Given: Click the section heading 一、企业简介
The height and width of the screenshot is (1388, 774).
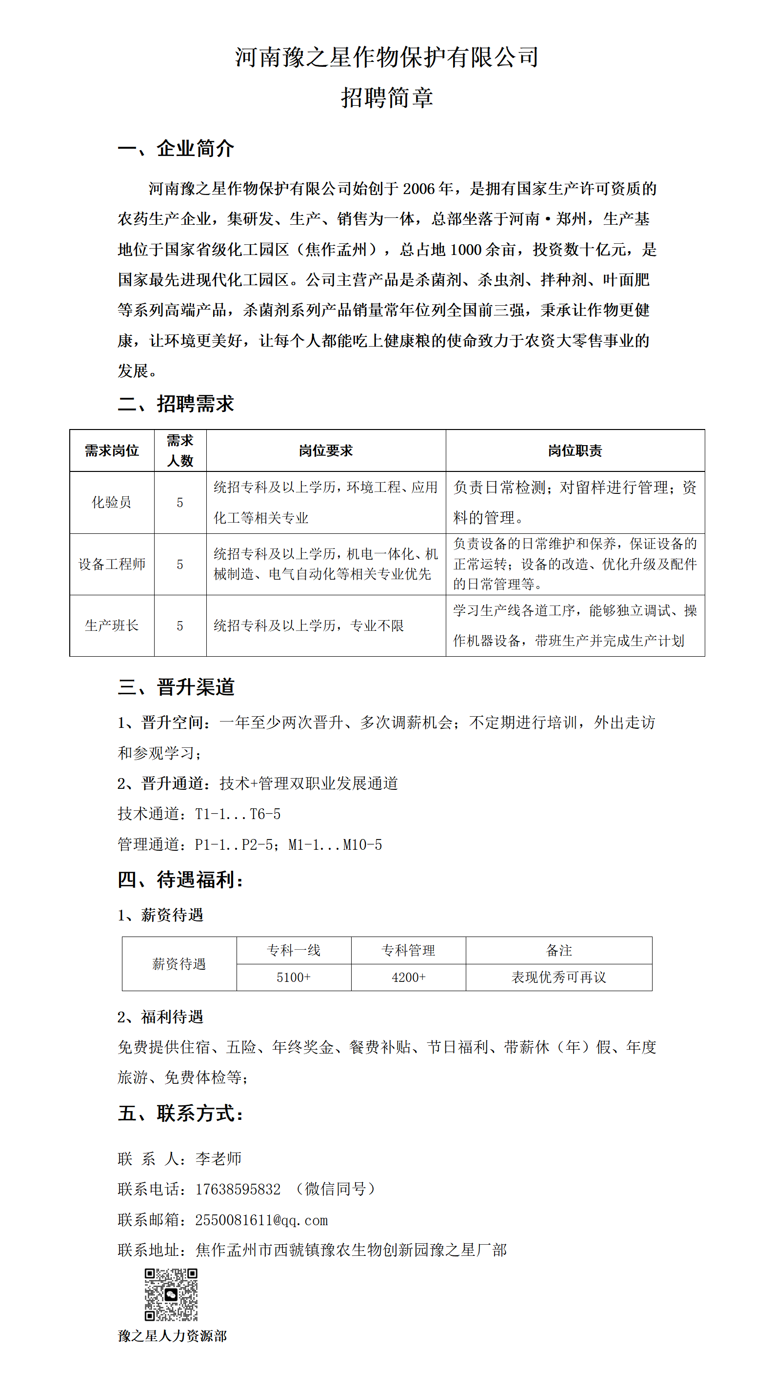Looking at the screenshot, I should (176, 148).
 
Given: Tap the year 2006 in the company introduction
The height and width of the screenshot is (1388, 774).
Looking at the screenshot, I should (418, 189).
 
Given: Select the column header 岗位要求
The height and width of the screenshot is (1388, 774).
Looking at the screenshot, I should (326, 450).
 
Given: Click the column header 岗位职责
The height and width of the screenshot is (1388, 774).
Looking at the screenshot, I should (575, 450).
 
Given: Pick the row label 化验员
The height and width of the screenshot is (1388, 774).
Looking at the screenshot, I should (112, 502).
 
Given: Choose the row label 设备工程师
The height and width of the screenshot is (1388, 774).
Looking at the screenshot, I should (112, 564).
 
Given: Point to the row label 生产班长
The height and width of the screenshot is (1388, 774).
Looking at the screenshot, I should (112, 626).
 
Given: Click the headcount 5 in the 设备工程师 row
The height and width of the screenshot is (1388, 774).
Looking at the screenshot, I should (180, 564).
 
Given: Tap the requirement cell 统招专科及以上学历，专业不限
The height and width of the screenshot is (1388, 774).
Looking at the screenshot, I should (309, 626).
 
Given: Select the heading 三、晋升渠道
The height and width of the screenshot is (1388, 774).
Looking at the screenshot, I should (176, 687).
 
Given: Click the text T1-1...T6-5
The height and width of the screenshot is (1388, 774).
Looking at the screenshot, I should (238, 814).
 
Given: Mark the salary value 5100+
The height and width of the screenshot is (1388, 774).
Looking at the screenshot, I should (293, 977).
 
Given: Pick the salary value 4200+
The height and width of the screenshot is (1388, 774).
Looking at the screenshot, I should (409, 977).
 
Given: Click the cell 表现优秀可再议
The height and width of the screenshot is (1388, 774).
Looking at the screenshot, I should (558, 977).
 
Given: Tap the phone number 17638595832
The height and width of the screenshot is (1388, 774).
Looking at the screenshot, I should (238, 1189).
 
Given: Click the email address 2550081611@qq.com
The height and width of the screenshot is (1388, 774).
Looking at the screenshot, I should (261, 1220).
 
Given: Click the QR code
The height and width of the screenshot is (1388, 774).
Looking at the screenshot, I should (171, 1295).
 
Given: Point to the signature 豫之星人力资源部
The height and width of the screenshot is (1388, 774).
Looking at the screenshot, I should (172, 1336).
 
